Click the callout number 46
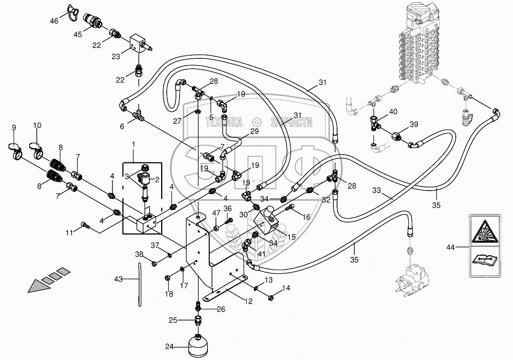click(54, 21)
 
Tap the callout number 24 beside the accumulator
click(169, 347)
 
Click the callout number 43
click(118, 279)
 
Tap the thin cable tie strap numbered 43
click(140, 284)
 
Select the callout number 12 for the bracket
click(249, 301)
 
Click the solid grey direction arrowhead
click(38, 286)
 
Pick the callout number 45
click(78, 34)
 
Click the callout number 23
click(116, 56)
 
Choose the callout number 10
click(37, 125)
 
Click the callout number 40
click(393, 112)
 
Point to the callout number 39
click(414, 125)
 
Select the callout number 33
click(377, 191)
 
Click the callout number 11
click(69, 233)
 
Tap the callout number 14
click(286, 288)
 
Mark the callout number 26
click(221, 309)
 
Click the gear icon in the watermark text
click(257, 122)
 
